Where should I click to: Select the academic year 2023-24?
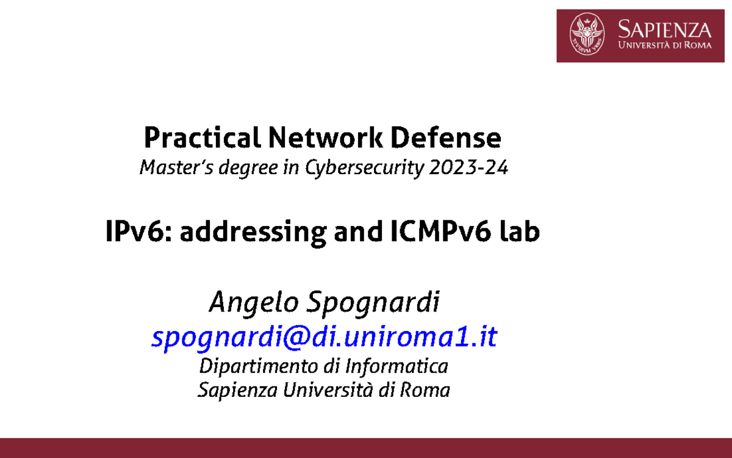(x=468, y=167)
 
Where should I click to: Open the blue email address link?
(x=324, y=337)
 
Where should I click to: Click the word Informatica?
(x=396, y=366)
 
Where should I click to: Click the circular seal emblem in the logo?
(x=587, y=35)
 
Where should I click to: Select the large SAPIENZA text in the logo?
(x=664, y=29)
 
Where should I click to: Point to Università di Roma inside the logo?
(x=664, y=46)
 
